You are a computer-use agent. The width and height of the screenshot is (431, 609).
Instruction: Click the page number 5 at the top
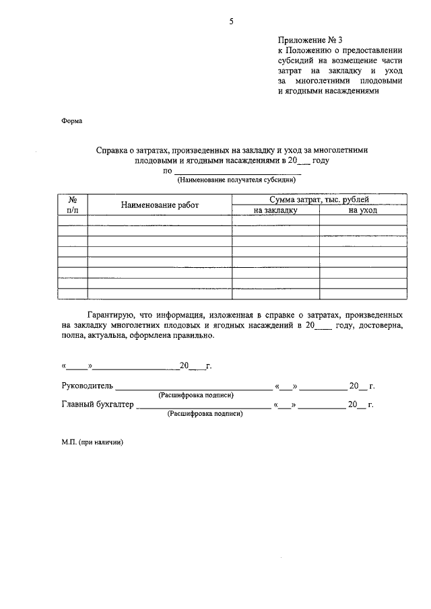tap(230, 22)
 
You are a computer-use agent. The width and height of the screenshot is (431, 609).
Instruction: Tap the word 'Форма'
tap(72, 122)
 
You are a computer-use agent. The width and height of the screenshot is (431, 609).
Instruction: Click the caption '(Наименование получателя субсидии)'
tap(236, 180)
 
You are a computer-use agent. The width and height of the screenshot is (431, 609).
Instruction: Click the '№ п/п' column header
tap(73, 205)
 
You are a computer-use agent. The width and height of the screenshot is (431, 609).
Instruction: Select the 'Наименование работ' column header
tap(160, 205)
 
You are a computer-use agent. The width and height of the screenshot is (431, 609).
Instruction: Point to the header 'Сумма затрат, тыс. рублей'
tap(319, 200)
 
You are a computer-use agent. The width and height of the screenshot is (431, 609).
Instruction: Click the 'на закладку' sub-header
tap(275, 210)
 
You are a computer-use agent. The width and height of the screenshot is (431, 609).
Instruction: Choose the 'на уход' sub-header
tap(363, 210)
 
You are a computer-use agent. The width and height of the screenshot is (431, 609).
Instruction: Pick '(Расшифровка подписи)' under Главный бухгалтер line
tap(205, 415)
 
